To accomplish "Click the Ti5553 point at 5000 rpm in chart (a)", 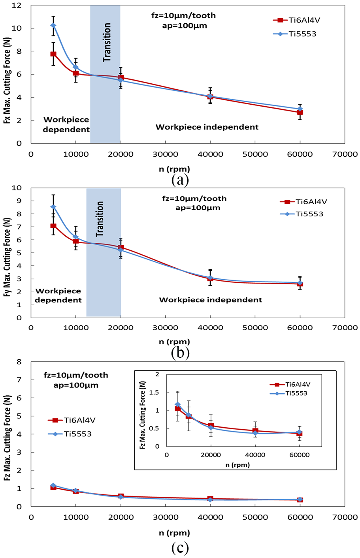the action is click(53, 25).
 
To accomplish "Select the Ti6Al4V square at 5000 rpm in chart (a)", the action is click(53, 54).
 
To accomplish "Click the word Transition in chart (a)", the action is click(107, 42).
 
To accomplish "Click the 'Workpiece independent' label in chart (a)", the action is click(207, 127).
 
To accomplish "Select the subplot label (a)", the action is click(180, 180).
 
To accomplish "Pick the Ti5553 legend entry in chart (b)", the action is click(302, 214).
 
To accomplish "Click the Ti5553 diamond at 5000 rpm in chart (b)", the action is click(53, 207).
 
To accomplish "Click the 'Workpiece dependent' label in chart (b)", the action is click(58, 295).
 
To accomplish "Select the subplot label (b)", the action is click(180, 353).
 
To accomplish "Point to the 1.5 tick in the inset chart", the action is click(154, 393).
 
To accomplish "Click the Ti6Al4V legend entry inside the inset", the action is click(290, 384).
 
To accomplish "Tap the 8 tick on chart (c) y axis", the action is click(19, 362).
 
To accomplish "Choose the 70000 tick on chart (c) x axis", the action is click(345, 517).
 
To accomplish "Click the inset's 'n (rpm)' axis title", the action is click(237, 465).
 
